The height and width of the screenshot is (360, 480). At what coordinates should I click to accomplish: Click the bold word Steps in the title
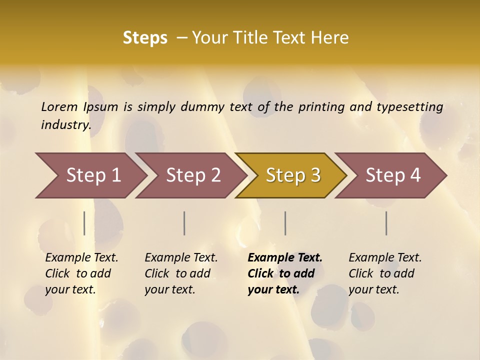[145, 37]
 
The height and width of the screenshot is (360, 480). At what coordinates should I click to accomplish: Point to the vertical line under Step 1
[84, 223]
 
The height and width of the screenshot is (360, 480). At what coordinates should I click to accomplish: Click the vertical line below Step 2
[184, 223]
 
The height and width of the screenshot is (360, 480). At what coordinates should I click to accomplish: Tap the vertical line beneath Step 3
[285, 223]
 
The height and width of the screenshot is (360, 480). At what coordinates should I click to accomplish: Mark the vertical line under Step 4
[386, 223]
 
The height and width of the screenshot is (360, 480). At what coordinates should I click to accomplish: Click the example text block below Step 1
[81, 273]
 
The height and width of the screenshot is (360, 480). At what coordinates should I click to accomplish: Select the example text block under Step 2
[180, 273]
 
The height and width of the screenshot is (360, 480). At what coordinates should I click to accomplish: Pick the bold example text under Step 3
[284, 273]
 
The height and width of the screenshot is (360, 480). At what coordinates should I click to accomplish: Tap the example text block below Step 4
[384, 273]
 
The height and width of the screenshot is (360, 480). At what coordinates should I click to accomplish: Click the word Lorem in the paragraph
[59, 107]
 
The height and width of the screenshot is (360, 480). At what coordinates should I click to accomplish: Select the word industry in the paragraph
[65, 124]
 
